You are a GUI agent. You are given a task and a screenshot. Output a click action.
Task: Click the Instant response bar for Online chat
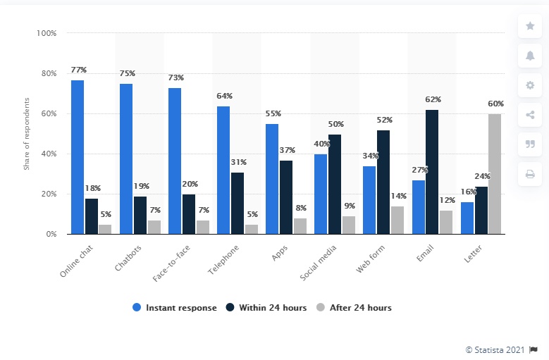(78, 157)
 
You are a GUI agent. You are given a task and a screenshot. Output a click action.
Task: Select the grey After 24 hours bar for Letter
(495, 174)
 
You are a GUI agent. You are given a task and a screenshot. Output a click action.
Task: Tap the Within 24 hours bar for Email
(432, 172)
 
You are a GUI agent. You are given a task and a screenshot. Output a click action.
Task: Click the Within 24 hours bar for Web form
(383, 182)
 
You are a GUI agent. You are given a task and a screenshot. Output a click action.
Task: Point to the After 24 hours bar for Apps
(300, 226)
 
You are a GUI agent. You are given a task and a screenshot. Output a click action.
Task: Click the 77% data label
(78, 70)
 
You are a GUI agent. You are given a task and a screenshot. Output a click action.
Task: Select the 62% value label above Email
(433, 99)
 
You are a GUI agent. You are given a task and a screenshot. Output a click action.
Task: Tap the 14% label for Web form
(398, 196)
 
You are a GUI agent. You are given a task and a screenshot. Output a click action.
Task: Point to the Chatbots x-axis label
(126, 259)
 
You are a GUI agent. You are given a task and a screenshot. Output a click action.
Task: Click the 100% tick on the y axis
(47, 33)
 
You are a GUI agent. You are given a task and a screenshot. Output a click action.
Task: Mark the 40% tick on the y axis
(49, 154)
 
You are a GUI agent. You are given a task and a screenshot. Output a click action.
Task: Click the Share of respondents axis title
(26, 134)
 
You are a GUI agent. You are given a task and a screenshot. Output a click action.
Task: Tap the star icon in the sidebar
(530, 26)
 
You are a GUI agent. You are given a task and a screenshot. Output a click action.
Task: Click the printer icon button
(530, 173)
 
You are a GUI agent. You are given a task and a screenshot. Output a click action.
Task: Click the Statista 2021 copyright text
(495, 349)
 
